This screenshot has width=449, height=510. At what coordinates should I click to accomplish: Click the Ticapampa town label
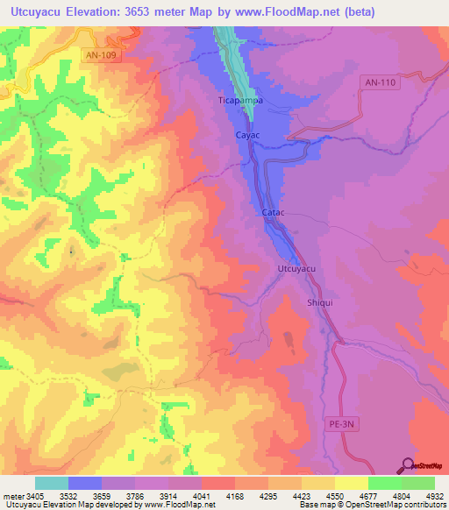click(x=240, y=101)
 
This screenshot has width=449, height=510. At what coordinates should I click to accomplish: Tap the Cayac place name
click(x=248, y=136)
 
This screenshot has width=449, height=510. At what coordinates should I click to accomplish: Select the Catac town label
click(x=274, y=213)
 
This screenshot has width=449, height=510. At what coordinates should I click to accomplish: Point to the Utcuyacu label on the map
click(x=296, y=268)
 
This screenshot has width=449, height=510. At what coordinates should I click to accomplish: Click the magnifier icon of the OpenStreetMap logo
click(x=405, y=465)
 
